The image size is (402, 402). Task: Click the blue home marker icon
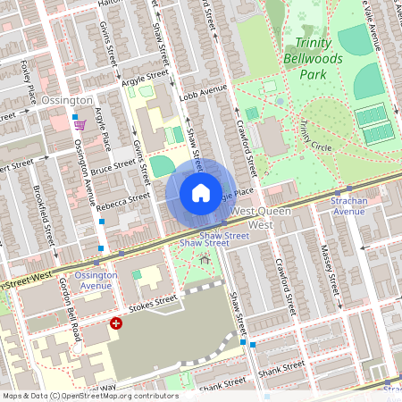[201, 193]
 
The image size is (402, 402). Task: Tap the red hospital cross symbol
[115, 322]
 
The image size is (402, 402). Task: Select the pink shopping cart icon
[80, 124]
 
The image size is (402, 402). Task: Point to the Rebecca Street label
[126, 202]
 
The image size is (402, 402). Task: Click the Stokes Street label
[153, 305]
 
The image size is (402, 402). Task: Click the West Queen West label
[264, 218]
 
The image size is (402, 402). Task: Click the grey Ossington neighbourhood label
[68, 101]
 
